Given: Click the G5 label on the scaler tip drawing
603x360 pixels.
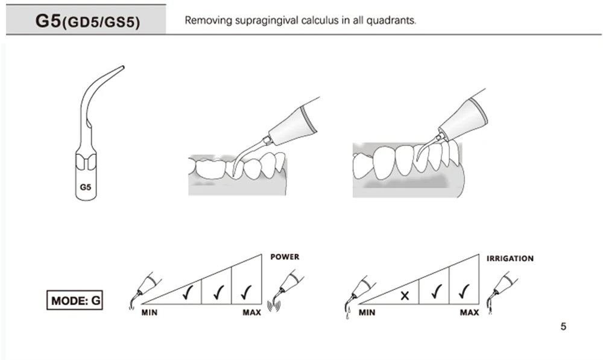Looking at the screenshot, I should (x=85, y=188).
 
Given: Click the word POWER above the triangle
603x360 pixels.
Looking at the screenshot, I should (x=285, y=257).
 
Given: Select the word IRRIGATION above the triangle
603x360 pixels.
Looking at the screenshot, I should (x=510, y=259).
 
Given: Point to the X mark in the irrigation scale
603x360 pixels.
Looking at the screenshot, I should (x=405, y=295).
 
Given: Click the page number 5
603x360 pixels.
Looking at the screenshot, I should (x=563, y=327).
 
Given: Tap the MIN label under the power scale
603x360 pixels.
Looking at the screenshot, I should (x=150, y=312).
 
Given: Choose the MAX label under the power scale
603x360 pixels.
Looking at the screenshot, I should (x=251, y=312).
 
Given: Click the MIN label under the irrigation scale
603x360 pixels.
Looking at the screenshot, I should (x=367, y=312).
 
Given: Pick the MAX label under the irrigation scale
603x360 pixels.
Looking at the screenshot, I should (x=469, y=312).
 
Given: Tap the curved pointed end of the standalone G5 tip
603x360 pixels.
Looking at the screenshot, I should (x=122, y=67).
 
